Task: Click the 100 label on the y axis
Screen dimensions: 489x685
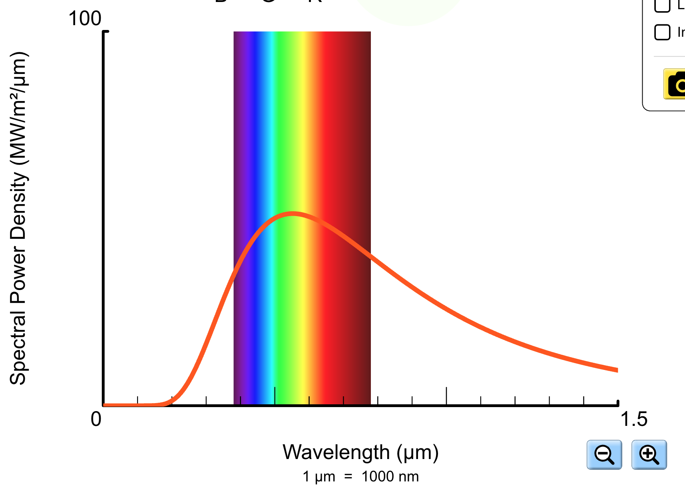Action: pos(85,18)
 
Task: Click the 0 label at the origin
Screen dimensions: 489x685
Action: pos(96,419)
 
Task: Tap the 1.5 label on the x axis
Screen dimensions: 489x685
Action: pos(633,419)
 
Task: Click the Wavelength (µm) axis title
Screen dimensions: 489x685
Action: pos(360,452)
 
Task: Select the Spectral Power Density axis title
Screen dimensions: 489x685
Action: pos(18,218)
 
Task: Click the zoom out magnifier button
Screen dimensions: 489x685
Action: pos(604,455)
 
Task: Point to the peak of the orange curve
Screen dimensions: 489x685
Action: pos(293,214)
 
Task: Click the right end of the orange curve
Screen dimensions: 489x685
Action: pos(617,370)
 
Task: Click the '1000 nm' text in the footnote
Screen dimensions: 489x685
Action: pos(390,477)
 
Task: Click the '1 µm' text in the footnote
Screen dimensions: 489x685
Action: pos(319,477)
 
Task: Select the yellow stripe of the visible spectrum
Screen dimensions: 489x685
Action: pos(305,120)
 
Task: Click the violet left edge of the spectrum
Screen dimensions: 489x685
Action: pos(237,120)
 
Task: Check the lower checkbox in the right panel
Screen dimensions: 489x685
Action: pos(662,32)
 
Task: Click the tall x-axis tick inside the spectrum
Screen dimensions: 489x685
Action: pos(275,396)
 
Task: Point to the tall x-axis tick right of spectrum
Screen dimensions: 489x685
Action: pos(446,396)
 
